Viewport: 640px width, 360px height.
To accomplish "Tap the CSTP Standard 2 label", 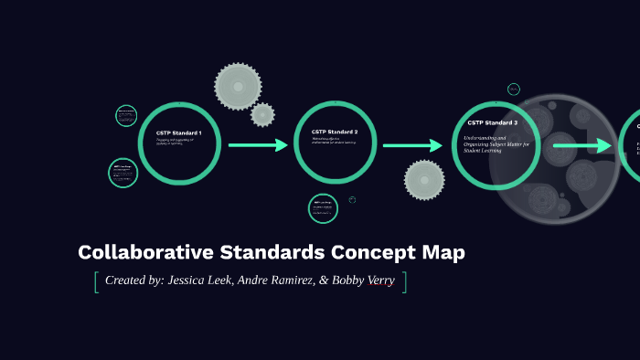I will [334, 132].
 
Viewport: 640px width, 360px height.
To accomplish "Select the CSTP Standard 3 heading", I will [492, 122].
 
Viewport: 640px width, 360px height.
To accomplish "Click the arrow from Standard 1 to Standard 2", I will [258, 145].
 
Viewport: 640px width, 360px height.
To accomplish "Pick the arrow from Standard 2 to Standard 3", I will [412, 145].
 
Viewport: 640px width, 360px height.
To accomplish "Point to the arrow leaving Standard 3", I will [582, 145].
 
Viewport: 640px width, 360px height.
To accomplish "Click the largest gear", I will [238, 87].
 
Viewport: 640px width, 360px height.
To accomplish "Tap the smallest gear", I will [262, 114].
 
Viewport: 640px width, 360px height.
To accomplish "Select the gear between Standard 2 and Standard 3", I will [424, 180].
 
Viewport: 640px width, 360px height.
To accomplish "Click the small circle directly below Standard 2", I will [323, 208].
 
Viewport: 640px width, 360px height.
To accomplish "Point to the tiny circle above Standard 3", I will [514, 90].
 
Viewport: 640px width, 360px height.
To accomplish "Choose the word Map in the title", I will [444, 253].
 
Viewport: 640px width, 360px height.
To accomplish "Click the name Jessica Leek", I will [204, 281].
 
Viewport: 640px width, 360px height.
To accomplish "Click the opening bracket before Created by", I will [95, 281].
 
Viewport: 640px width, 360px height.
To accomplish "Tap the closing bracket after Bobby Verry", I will [404, 281].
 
